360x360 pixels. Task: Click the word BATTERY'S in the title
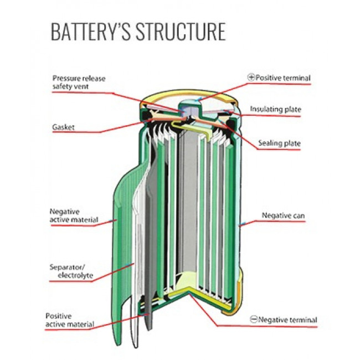pos(89,32)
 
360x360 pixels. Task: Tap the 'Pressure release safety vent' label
pos(79,82)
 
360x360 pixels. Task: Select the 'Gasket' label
pos(63,127)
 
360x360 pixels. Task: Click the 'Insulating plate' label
pos(275,109)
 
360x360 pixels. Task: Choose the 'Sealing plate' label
pos(279,143)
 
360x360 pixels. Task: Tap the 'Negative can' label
pos(282,215)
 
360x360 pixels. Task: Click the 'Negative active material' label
pos(73,215)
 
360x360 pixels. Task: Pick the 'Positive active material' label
pos(69,320)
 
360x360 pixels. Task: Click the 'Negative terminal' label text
pos(287,320)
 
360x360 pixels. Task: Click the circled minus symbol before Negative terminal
pos(253,320)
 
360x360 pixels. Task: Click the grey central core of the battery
pos(191,210)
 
